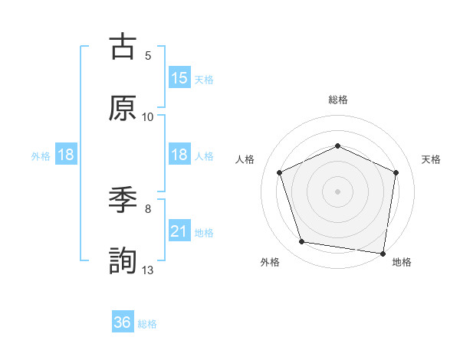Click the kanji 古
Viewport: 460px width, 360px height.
123,47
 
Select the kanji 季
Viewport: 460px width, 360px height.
123,201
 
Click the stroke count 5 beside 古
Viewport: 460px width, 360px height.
148,56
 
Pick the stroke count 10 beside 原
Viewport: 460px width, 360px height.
148,117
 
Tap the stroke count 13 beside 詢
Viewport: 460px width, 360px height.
148,270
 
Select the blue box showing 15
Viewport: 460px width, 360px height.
179,78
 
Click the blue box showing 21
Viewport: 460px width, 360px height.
179,231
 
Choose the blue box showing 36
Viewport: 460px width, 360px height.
123,322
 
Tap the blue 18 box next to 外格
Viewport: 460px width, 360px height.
66,155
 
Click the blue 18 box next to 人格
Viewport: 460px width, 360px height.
179,155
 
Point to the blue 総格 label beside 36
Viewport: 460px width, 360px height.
147,324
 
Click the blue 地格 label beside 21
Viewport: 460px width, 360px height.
204,233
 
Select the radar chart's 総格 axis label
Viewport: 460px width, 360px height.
338,100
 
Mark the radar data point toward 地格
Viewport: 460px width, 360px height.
383,253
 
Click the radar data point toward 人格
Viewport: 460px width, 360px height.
279,172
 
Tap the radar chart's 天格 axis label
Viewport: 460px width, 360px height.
431,159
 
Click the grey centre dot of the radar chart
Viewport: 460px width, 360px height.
337,191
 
